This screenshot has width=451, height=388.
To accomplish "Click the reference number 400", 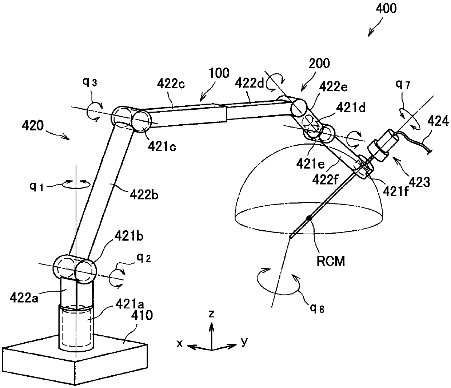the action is pos(386,9).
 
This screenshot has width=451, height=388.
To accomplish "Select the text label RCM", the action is pos(331,261).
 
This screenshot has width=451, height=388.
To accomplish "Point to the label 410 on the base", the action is pos(142,315).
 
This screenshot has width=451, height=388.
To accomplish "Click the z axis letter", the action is pos(211,314).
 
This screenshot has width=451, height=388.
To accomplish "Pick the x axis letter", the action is pos(179,344).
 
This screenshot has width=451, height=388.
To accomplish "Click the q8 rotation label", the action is pos(317,308).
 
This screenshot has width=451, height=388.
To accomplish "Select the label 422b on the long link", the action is pos(144,195).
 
